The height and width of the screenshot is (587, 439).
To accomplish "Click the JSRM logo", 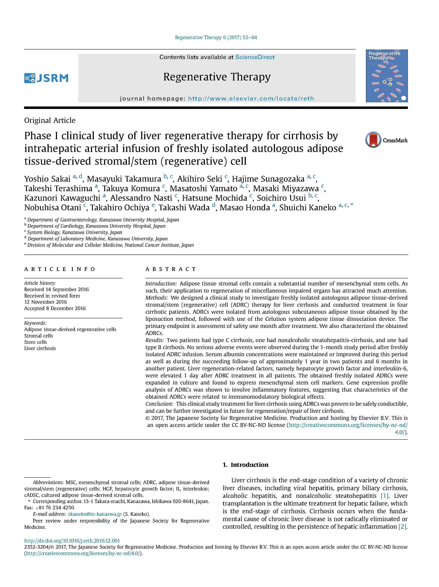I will click(x=46, y=78).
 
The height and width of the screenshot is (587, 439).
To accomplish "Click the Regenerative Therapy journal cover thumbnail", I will click(x=386, y=76).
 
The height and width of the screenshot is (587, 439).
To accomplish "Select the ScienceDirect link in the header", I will click(x=255, y=57).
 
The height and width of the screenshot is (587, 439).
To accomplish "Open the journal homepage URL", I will click(x=251, y=99).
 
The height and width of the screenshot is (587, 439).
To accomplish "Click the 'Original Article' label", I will click(x=50, y=120).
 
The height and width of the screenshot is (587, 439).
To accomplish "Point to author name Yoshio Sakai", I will click(x=47, y=179).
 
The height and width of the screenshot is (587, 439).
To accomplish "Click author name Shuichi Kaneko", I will click(x=307, y=207).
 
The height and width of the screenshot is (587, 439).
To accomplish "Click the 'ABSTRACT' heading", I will click(x=170, y=269).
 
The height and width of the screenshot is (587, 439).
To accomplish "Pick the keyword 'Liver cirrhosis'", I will click(x=40, y=348).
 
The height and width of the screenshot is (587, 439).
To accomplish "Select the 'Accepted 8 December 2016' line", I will click(x=55, y=308).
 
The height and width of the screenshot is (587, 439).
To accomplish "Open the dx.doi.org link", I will click(x=72, y=540).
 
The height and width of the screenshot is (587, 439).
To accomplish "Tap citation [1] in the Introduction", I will click(x=385, y=496).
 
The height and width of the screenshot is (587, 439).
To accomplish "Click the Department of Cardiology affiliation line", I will click(x=96, y=226).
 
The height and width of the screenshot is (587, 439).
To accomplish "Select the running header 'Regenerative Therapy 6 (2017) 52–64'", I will click(x=216, y=37).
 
